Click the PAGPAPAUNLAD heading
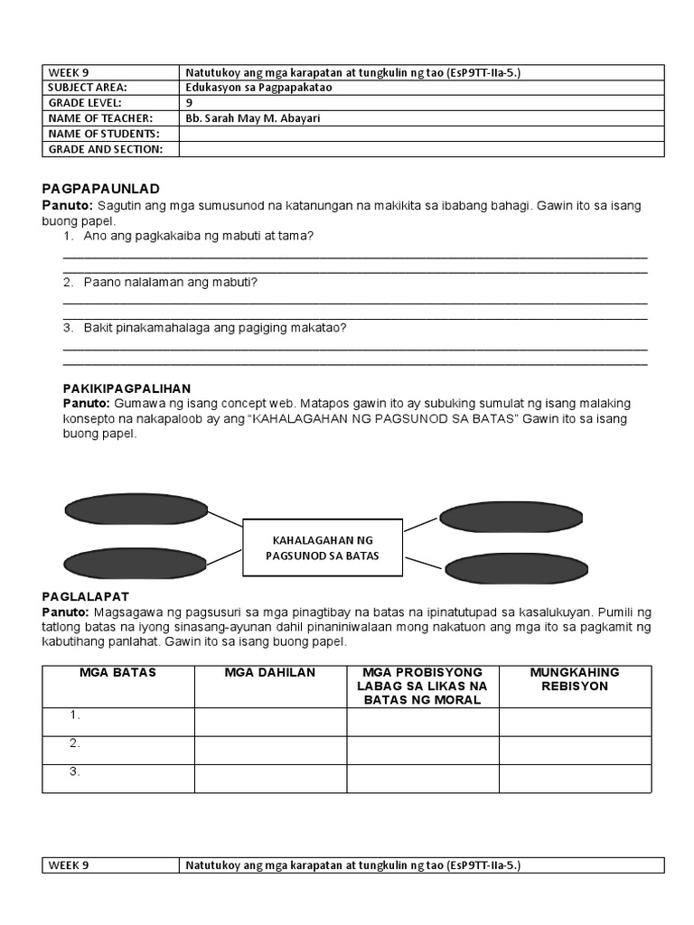(x=100, y=189)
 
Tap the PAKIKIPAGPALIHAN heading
(x=127, y=388)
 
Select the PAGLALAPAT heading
(x=86, y=596)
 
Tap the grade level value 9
(x=189, y=103)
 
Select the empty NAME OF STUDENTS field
(x=421, y=134)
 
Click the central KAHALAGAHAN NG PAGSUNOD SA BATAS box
(x=323, y=547)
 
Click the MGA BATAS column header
(x=117, y=672)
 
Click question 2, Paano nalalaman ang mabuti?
(x=170, y=283)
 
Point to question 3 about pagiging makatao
(x=214, y=328)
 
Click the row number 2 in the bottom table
(x=75, y=743)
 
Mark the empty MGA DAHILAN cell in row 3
(x=270, y=779)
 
